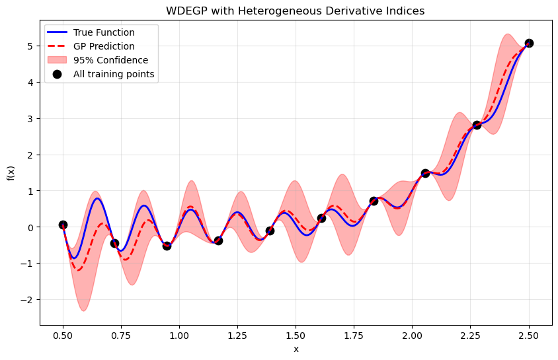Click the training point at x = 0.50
pyautogui.click(x=63, y=225)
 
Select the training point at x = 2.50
pyautogui.click(x=529, y=43)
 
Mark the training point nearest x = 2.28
pyautogui.click(x=477, y=125)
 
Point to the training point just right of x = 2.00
pyautogui.click(x=425, y=173)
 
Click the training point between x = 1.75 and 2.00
pyautogui.click(x=374, y=201)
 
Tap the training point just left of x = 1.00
pyautogui.click(x=167, y=246)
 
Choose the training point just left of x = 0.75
pyautogui.click(x=114, y=243)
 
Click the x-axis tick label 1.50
pyautogui.click(x=296, y=335)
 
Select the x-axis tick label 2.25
pyautogui.click(x=471, y=335)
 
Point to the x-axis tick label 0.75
pyautogui.click(x=121, y=335)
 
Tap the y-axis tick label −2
pyautogui.click(x=28, y=300)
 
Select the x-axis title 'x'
pyautogui.click(x=296, y=349)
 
